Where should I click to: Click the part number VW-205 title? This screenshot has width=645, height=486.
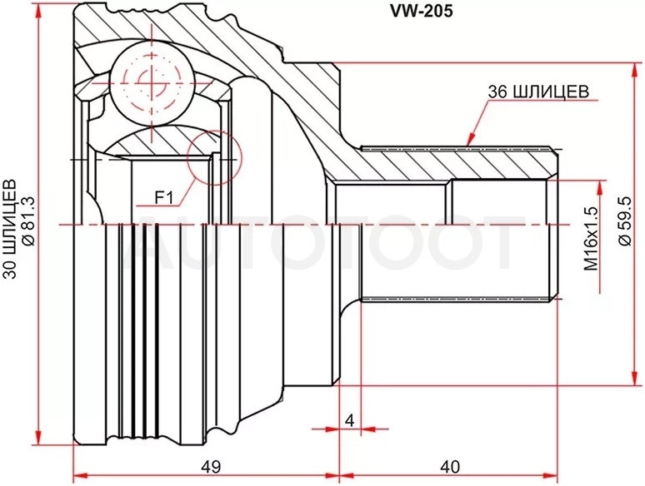421,11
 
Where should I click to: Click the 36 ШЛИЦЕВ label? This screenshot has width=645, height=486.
538,92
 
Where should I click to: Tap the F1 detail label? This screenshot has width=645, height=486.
163,198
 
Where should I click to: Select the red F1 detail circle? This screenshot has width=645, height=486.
213,158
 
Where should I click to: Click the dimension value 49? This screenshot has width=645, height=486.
211,467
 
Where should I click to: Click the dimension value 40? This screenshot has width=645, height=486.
449,467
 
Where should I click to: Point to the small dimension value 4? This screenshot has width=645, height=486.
350,420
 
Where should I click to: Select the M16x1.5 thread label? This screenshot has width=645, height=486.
591,238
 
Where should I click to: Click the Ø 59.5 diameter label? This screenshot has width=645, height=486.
625,221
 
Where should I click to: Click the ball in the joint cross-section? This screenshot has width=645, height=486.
152,83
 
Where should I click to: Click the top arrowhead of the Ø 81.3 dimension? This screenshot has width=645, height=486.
38,11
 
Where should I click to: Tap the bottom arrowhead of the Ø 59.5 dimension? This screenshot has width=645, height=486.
633,378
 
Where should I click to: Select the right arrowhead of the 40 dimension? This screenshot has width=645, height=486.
549,476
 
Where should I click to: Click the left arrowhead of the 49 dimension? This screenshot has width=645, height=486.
81,476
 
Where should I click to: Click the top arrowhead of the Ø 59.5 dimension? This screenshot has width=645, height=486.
633,71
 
